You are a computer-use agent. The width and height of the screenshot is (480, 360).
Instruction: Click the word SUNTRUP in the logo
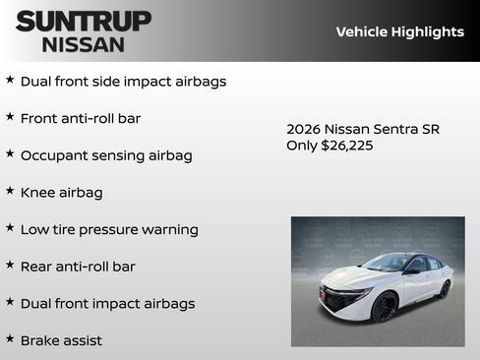pos(84,21)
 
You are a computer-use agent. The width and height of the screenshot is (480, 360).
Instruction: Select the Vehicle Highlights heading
pos(399,31)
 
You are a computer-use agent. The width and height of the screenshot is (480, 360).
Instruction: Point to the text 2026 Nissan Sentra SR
pos(363,129)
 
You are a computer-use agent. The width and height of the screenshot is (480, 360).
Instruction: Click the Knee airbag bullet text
pos(61,193)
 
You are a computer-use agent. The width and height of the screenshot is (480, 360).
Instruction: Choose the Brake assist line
pos(61,340)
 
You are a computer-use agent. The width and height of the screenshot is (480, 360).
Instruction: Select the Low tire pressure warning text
pos(109,229)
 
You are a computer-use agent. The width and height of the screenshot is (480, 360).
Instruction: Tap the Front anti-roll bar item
pos(81,118)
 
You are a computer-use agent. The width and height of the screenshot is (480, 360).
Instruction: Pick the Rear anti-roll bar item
pos(78,267)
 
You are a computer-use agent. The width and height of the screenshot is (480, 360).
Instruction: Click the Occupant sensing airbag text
pos(106,155)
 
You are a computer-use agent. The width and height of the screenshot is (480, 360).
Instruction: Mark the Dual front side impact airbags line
pos(123,82)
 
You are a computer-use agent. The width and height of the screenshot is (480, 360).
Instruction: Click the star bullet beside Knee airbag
pos(10,191)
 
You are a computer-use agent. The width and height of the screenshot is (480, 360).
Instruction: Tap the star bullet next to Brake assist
pos(10,338)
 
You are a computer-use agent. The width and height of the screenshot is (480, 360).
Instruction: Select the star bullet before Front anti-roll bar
pos(10,117)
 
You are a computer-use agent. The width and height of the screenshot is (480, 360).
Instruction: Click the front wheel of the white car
pos(385,308)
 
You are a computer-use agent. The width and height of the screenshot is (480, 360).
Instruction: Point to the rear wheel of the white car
pos(445,289)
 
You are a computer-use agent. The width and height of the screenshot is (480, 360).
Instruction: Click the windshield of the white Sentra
pos(390,264)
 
